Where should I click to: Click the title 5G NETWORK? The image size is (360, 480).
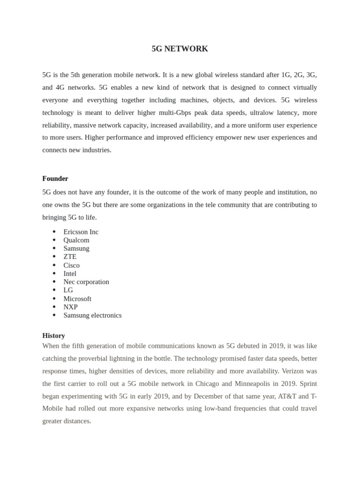pyautogui.click(x=180, y=49)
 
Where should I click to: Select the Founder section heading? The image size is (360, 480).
pyautogui.click(x=55, y=179)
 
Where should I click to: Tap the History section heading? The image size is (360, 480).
pyautogui.click(x=53, y=336)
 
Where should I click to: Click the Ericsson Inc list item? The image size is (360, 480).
pyautogui.click(x=81, y=232)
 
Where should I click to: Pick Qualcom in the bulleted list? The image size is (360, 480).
pyautogui.click(x=76, y=240)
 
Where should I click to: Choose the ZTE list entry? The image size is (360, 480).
pyautogui.click(x=70, y=256)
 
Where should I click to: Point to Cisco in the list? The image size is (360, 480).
pyautogui.click(x=71, y=265)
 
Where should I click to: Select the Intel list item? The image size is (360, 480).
pyautogui.click(x=70, y=273)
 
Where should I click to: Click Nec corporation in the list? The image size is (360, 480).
pyautogui.click(x=86, y=282)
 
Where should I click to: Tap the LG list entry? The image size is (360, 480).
pyautogui.click(x=68, y=290)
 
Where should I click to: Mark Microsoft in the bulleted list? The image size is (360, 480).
pyautogui.click(x=77, y=299)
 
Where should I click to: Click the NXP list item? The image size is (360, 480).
pyautogui.click(x=70, y=307)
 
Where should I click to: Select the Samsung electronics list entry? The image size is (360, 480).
pyautogui.click(x=92, y=315)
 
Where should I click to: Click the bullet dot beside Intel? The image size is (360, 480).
pyautogui.click(x=54, y=273)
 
